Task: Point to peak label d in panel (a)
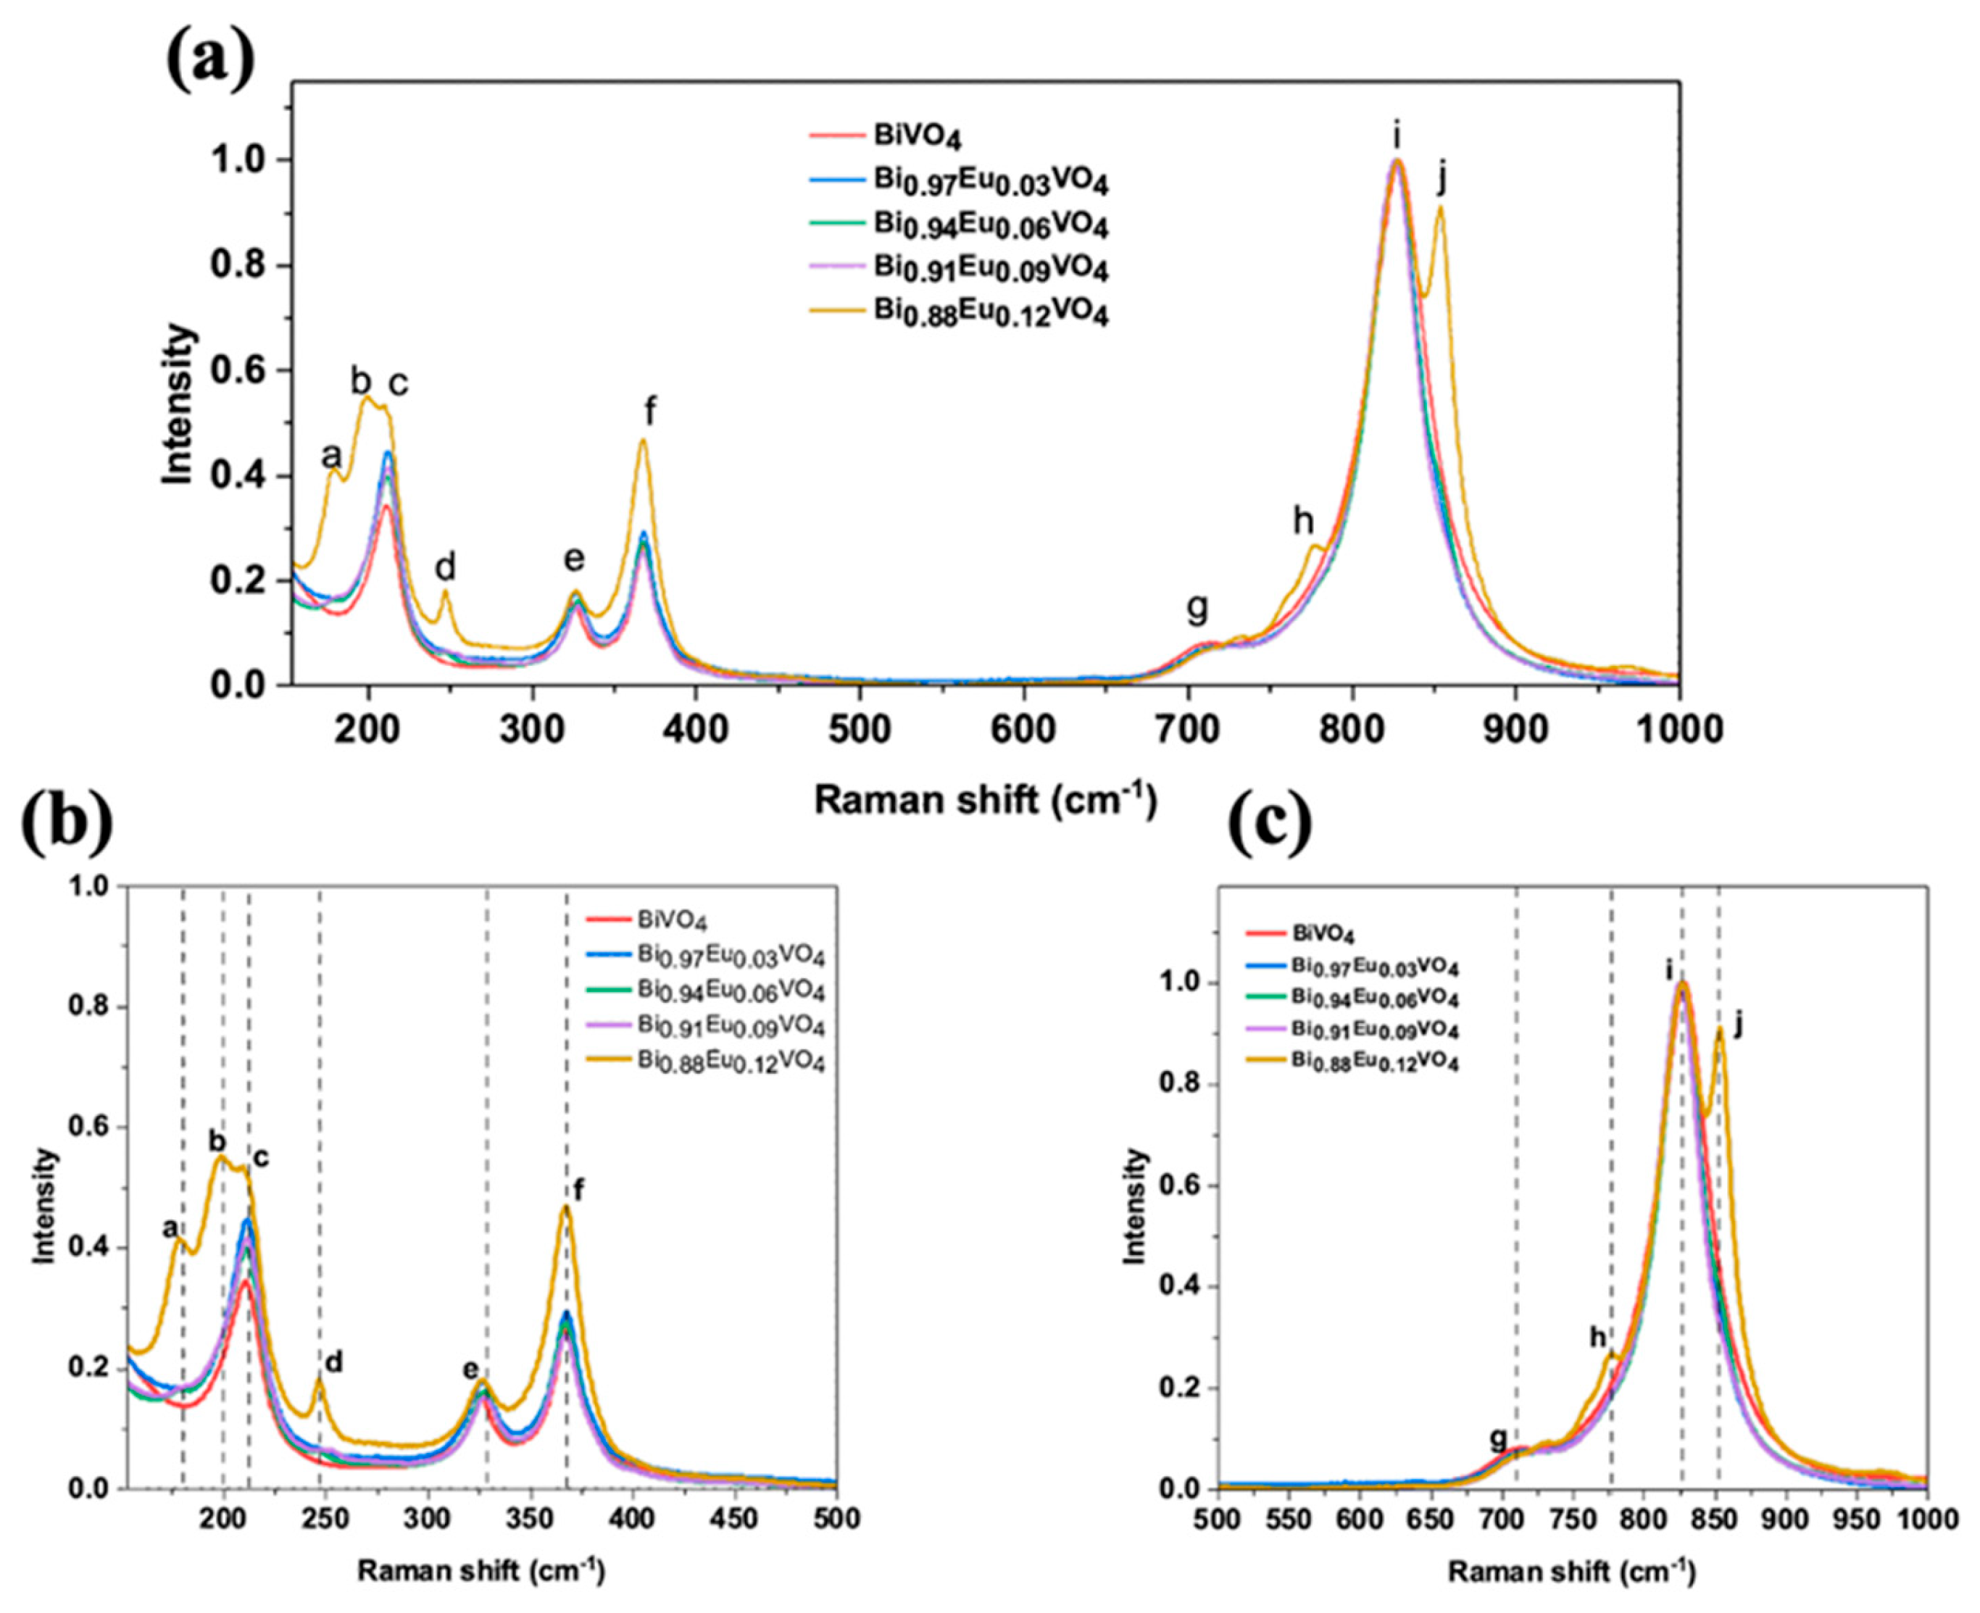pos(446,566)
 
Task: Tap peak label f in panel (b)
pos(580,1188)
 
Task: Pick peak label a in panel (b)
pos(170,1228)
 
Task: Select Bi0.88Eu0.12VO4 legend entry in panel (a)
pos(991,313)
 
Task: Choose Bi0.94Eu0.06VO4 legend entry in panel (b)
pos(731,991)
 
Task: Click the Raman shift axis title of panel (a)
pos(986,799)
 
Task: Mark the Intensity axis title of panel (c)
pos(1136,1205)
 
